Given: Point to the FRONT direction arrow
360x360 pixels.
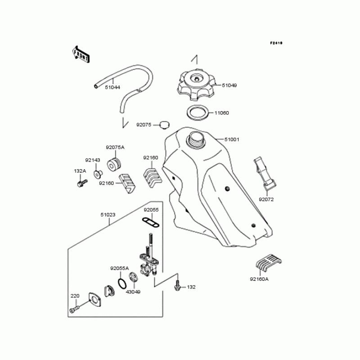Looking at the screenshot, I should pyautogui.click(x=81, y=54).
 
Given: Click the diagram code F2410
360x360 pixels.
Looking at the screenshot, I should pyautogui.click(x=276, y=43).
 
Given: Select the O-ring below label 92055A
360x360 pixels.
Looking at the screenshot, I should pyautogui.click(x=122, y=283).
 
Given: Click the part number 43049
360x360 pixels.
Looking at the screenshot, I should pyautogui.click(x=133, y=292).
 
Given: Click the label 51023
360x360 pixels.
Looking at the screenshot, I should pyautogui.click(x=108, y=215).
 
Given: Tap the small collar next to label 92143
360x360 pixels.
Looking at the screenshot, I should pyautogui.click(x=97, y=174).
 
